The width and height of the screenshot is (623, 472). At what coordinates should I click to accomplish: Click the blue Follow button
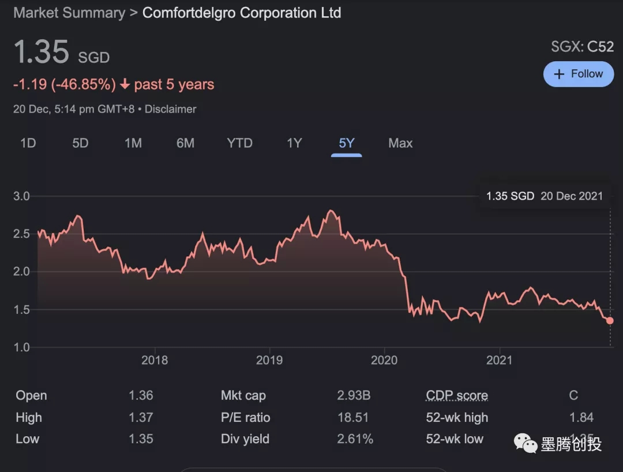[579, 74]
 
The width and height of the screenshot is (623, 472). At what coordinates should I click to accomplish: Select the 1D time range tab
[28, 143]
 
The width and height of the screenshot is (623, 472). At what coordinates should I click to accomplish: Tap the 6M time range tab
[185, 143]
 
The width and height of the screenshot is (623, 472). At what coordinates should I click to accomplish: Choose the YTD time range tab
[239, 143]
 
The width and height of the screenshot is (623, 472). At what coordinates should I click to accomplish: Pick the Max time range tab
[400, 143]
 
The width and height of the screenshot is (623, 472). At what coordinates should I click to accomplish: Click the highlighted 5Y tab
[346, 143]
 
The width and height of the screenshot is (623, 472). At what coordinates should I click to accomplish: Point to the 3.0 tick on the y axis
[21, 196]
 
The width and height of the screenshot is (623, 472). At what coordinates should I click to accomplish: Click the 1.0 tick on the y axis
[21, 347]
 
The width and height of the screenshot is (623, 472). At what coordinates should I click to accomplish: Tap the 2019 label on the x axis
[269, 361]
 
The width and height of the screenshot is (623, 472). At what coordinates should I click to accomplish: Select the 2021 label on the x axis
[500, 361]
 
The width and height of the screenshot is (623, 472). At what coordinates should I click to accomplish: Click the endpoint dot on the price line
[610, 321]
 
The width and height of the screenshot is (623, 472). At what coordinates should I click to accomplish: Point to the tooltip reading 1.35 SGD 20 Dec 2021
[544, 196]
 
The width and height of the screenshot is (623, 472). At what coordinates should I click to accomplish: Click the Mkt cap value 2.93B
[354, 396]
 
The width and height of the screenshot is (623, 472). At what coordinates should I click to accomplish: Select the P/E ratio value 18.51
[352, 418]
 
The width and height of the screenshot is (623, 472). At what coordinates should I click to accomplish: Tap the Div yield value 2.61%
[355, 439]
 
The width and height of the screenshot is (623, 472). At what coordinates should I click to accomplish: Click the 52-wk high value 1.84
[581, 418]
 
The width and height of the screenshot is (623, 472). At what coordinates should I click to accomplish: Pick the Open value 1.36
[141, 396]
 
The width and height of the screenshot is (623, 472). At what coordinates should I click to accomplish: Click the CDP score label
[457, 396]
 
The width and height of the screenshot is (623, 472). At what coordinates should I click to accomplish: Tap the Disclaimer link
[170, 109]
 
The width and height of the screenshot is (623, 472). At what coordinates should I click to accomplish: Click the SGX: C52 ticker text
[582, 47]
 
